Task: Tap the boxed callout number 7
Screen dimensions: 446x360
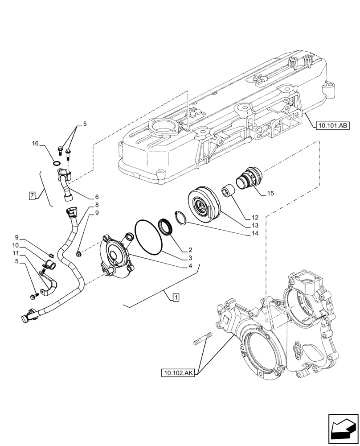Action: [x=32, y=195]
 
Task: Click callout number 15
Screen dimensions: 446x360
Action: [x=270, y=193]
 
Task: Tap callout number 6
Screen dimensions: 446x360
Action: [x=97, y=197]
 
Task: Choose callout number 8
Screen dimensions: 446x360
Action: [x=97, y=205]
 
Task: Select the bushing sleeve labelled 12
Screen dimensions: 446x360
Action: [x=229, y=194]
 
